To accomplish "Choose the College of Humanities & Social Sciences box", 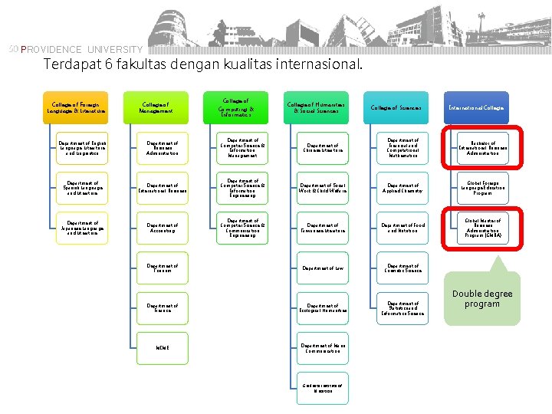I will (x=316, y=108).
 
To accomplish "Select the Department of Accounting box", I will (x=163, y=228).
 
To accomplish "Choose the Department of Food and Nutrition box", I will (x=403, y=228).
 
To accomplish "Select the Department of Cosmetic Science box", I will (x=403, y=268).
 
